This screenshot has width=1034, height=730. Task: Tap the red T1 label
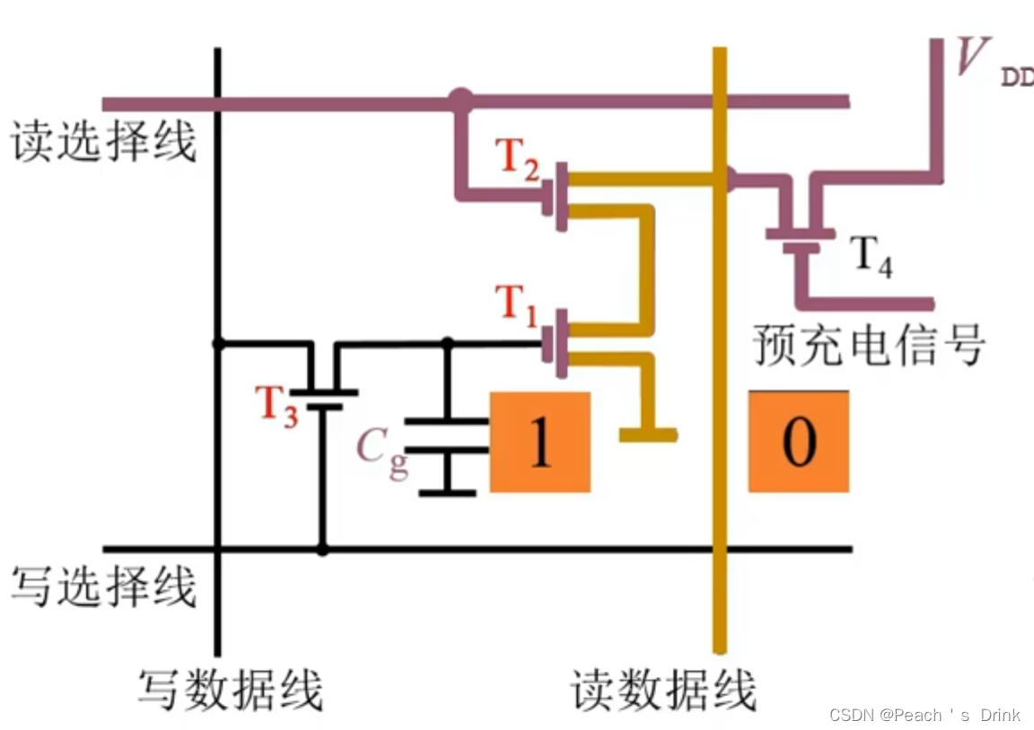(x=518, y=305)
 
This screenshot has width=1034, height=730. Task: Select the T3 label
(x=276, y=404)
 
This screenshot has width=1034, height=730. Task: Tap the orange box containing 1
(x=539, y=442)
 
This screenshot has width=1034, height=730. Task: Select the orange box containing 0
(x=799, y=441)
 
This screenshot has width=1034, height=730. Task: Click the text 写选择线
(x=103, y=588)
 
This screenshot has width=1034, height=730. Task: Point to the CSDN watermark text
(x=924, y=715)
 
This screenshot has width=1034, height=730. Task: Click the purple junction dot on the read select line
(x=460, y=99)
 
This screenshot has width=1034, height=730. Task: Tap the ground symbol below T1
(x=647, y=435)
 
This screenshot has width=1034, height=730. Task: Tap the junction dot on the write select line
(x=322, y=549)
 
